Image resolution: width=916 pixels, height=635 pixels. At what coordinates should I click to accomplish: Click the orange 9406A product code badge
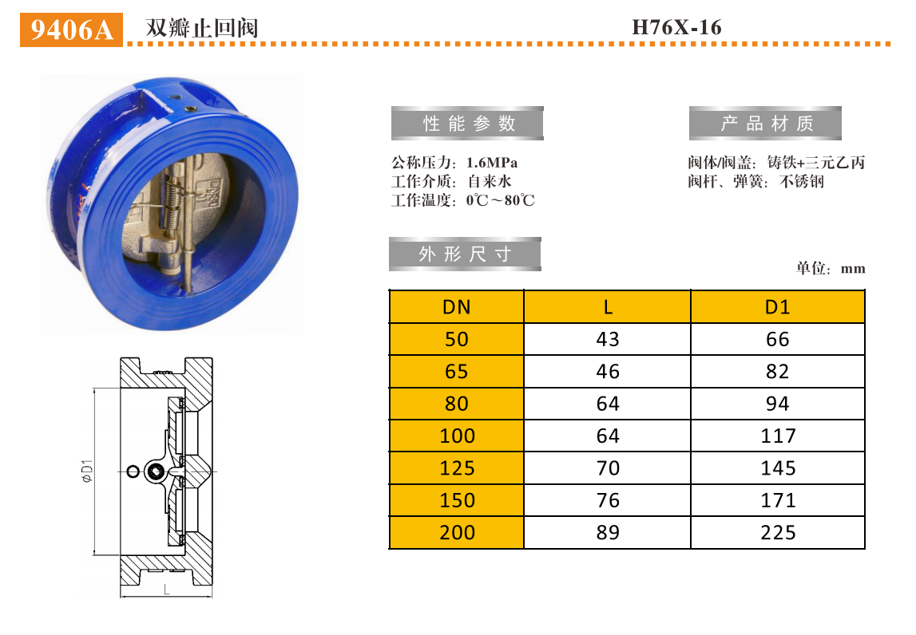(71, 30)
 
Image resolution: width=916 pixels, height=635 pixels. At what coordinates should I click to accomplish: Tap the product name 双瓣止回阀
(201, 28)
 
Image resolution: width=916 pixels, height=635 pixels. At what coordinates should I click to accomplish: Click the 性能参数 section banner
(468, 124)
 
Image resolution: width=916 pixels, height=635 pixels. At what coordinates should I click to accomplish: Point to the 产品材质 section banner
(766, 124)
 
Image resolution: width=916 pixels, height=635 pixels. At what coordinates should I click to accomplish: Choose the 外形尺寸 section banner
(465, 254)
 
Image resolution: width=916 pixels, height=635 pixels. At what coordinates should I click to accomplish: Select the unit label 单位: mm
(830, 268)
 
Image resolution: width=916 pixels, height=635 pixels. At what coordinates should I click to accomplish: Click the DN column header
(456, 307)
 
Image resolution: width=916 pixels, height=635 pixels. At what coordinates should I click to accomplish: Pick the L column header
(607, 307)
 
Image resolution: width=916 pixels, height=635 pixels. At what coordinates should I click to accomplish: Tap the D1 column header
(777, 307)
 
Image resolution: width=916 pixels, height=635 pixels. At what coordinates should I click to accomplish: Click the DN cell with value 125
(457, 468)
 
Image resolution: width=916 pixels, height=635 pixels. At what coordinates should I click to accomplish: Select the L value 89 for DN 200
(607, 533)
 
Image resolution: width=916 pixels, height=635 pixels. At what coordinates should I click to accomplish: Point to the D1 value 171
(777, 500)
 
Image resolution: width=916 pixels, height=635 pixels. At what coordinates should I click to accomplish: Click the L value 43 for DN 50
(607, 339)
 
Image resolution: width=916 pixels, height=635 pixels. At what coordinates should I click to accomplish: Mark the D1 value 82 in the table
(777, 372)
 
